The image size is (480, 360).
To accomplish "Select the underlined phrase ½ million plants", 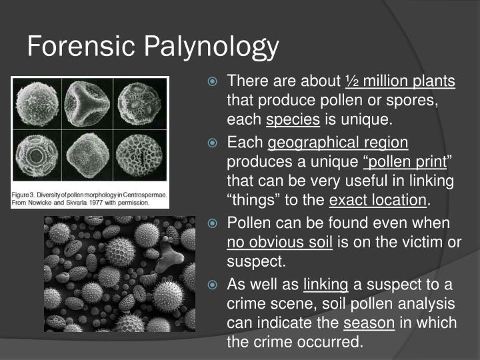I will tap(399, 81).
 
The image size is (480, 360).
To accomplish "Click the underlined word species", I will tap(293, 121).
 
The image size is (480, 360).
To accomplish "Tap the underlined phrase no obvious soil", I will tap(280, 243).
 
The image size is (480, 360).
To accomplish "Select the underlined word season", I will tap(369, 323).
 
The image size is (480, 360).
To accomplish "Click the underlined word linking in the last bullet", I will tap(326, 285).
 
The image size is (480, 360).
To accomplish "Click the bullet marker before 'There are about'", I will tap(213, 82).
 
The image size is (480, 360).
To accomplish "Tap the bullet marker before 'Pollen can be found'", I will tap(213, 223).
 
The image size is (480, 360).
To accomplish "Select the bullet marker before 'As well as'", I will tap(213, 285).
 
